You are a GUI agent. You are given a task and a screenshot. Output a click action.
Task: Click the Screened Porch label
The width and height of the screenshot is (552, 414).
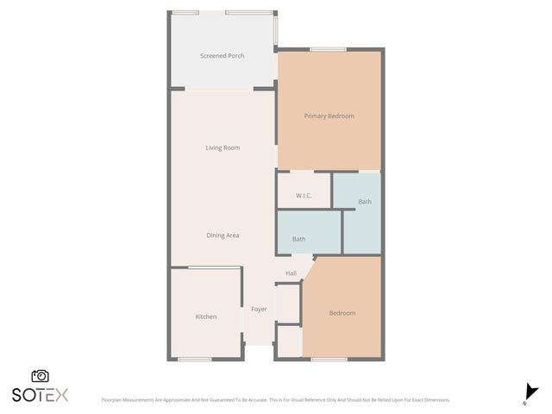[x=222, y=56]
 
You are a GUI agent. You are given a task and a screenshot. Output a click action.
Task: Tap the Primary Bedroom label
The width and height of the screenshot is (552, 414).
[x=329, y=116]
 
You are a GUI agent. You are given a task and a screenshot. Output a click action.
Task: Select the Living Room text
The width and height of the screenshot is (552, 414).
[x=223, y=147]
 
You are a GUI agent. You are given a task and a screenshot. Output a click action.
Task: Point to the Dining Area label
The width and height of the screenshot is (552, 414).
[x=223, y=235]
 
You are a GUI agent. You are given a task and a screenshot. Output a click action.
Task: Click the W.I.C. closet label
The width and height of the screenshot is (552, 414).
[x=303, y=196]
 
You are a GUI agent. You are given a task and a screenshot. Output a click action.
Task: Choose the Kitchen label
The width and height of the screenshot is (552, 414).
[x=205, y=317]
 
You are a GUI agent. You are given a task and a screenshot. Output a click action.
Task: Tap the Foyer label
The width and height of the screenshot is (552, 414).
[x=259, y=309]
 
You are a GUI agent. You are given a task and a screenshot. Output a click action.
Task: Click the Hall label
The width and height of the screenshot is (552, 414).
[x=291, y=273]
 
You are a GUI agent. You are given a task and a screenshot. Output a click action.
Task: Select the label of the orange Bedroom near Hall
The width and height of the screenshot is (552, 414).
[x=342, y=313]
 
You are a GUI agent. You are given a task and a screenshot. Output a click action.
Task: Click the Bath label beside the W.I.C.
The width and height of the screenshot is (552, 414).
[x=365, y=202]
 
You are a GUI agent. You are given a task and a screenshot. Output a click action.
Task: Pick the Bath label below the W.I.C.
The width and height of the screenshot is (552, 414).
[x=298, y=239]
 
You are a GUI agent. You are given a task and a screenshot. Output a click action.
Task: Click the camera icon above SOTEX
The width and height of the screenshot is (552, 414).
[x=40, y=376]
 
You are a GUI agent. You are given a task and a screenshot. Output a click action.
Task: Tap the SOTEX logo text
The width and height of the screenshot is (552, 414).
[x=40, y=395]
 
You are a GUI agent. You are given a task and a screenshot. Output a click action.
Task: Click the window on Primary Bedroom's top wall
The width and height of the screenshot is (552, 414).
[x=323, y=50]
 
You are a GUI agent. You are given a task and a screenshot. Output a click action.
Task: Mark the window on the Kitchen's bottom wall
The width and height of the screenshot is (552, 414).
[x=195, y=359]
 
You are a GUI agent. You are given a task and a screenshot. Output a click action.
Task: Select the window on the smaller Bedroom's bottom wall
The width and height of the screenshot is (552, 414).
[x=329, y=359]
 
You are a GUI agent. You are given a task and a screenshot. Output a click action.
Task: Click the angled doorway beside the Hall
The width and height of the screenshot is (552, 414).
[x=308, y=267]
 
